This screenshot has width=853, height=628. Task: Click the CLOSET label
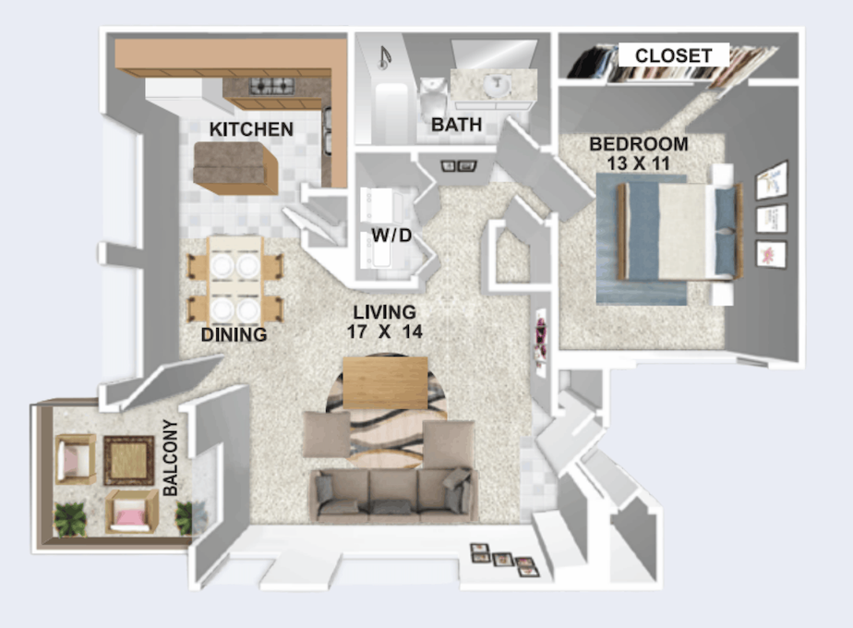[674, 55]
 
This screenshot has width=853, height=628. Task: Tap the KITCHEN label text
[251, 129]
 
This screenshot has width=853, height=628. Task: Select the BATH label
[456, 125]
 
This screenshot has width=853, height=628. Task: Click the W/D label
[391, 235]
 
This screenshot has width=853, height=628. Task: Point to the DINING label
[234, 334]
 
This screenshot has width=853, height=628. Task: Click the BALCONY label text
[170, 458]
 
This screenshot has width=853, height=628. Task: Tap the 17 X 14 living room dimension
[385, 332]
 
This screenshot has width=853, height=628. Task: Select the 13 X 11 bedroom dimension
[638, 163]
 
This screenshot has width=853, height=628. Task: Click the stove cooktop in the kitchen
[271, 86]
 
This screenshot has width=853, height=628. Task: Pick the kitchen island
[236, 168]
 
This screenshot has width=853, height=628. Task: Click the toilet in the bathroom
[433, 100]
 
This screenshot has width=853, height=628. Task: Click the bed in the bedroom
[680, 232]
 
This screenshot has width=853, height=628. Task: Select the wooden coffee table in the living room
[385, 382]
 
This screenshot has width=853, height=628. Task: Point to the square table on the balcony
[129, 461]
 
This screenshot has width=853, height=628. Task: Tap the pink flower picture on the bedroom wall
[771, 254]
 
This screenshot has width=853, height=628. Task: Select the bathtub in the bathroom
[391, 112]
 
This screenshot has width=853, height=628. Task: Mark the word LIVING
[385, 312]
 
